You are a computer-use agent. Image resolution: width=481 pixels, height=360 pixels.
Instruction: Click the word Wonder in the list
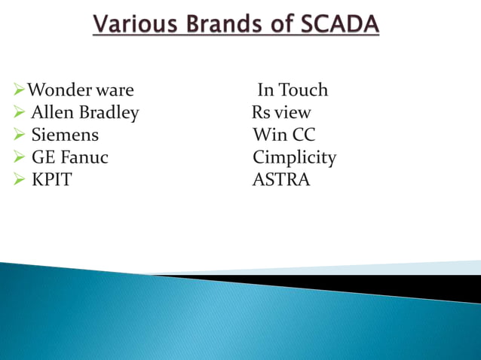pos(60,90)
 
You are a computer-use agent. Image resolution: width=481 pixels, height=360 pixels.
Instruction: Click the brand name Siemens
pos(65,136)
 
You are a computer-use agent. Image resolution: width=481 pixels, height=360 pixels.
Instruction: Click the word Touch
pos(304,90)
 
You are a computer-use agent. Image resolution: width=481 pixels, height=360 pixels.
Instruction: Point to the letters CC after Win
pos(302,136)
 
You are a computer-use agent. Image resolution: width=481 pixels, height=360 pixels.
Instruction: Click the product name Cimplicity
pos(294,158)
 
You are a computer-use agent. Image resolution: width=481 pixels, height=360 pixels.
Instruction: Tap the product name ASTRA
pos(281,181)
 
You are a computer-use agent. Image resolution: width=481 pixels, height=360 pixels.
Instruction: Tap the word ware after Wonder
pos(115,90)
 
